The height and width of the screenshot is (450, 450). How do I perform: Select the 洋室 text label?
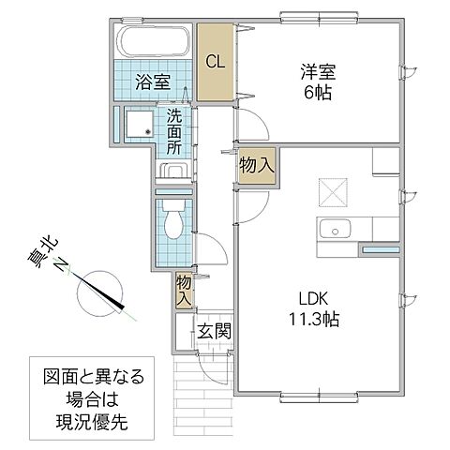pos(314,71)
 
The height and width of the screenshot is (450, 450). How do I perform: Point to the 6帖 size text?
pos(315,94)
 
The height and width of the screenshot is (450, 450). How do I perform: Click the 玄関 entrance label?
pos(214,331)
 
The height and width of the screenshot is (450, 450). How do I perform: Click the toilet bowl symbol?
pos(172,223)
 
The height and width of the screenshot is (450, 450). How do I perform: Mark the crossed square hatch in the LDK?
pos(333,191)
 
